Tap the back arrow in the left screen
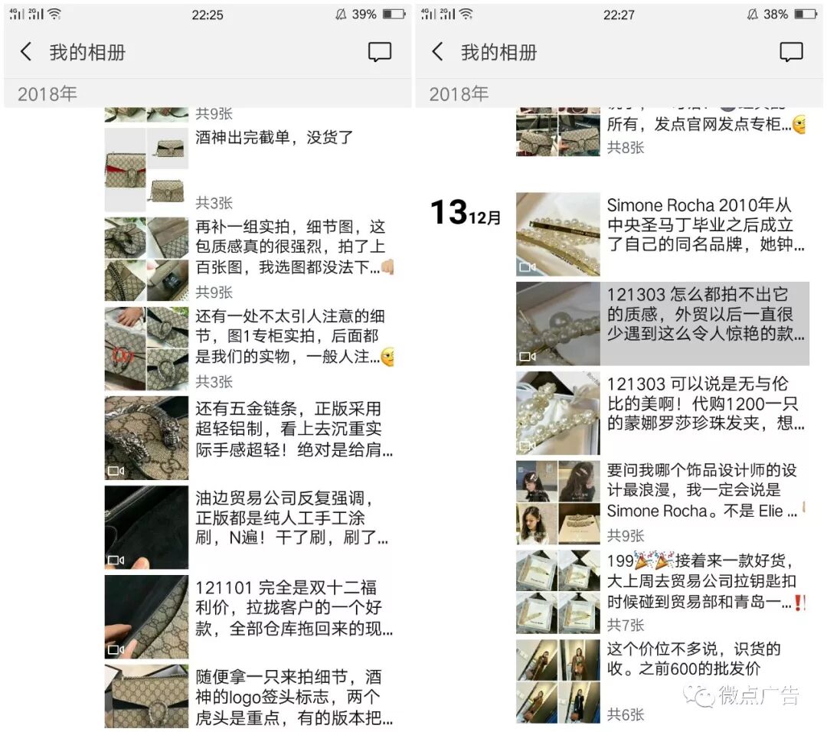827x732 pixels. pos(26,52)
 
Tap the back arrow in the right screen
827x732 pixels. pos(437,52)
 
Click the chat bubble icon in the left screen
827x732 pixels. pos(379,52)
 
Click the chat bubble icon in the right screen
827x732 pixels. pos(790,52)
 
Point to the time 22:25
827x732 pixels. pos(208,15)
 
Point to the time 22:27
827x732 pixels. pos(619,15)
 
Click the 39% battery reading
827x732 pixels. pos(364,15)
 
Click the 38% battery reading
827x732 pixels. pos(775,15)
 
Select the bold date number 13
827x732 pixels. pos(448,212)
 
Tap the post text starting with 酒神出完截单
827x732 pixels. pos(274,138)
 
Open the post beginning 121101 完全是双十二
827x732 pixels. pos(294,609)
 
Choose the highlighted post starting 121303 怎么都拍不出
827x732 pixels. pos(704,315)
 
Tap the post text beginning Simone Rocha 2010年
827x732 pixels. pos(704,225)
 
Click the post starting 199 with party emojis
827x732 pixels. pos(704,582)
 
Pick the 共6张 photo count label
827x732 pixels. pos(626,714)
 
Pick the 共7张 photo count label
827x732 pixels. pos(626,625)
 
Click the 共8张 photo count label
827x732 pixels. pos(626,147)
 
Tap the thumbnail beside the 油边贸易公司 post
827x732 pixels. pos(146,528)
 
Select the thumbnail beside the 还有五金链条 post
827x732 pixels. pos(146,438)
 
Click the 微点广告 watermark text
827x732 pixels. pos(757,695)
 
